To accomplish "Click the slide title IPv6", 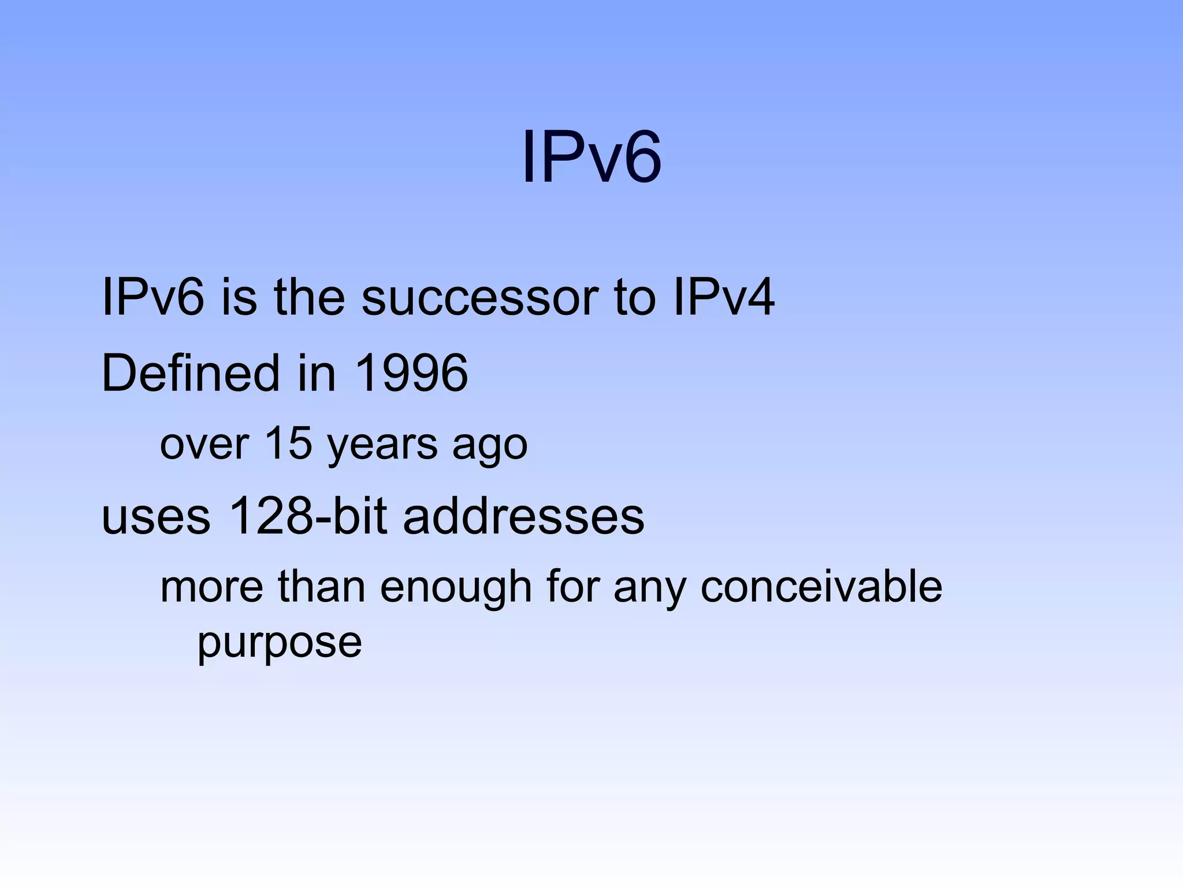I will (x=591, y=157).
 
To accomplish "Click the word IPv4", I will (x=724, y=298).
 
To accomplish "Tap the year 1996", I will (x=411, y=373).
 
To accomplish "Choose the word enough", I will (x=456, y=588).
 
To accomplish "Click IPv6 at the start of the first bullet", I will (x=152, y=298).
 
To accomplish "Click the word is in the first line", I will (x=239, y=298).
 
